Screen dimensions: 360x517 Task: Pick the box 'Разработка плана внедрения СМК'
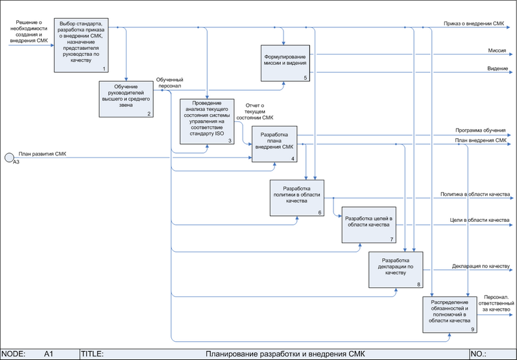(274, 144)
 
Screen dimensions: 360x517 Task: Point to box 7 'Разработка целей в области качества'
(368, 225)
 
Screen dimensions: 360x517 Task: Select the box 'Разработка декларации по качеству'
(396, 269)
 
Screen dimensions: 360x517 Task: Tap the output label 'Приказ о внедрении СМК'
(474, 23)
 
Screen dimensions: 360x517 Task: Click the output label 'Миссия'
(497, 50)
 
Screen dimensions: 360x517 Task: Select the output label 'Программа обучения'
(480, 130)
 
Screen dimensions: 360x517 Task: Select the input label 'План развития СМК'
(43, 154)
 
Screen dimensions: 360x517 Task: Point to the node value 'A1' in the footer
(48, 354)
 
